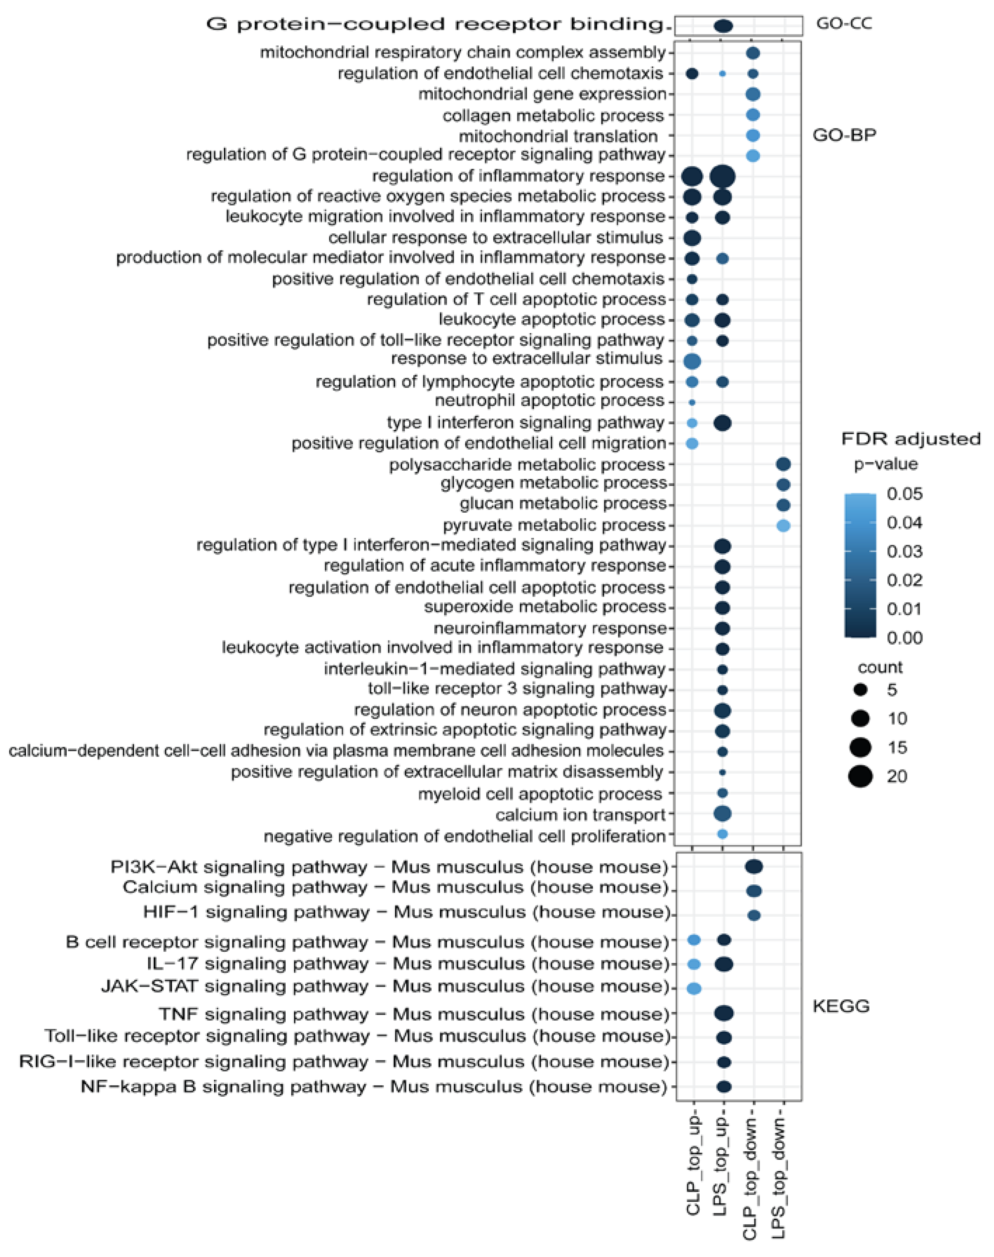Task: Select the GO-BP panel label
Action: [x=844, y=135]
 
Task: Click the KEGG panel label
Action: [x=841, y=1006]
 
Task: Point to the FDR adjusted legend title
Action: [x=911, y=439]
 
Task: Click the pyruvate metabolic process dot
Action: [x=783, y=525]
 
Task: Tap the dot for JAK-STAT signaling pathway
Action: [x=694, y=988]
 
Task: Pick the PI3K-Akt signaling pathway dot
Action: [x=754, y=867]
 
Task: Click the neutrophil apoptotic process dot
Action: [x=692, y=402]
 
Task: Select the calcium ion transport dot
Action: [x=722, y=813]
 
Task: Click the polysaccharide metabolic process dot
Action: [x=783, y=464]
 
